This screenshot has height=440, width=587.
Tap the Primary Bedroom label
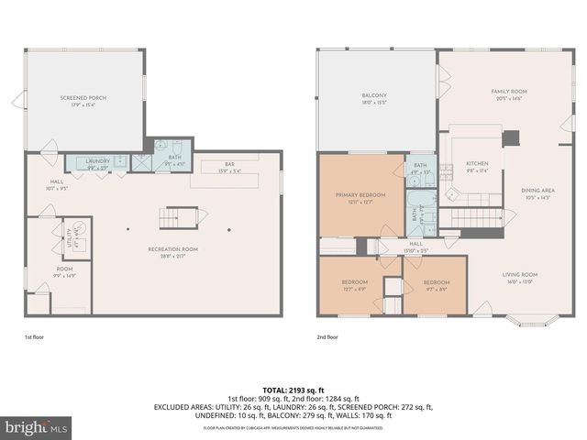pyautogui.click(x=360, y=197)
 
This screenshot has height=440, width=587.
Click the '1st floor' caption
pyautogui.click(x=36, y=337)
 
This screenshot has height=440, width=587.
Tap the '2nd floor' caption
pyautogui.click(x=327, y=337)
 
